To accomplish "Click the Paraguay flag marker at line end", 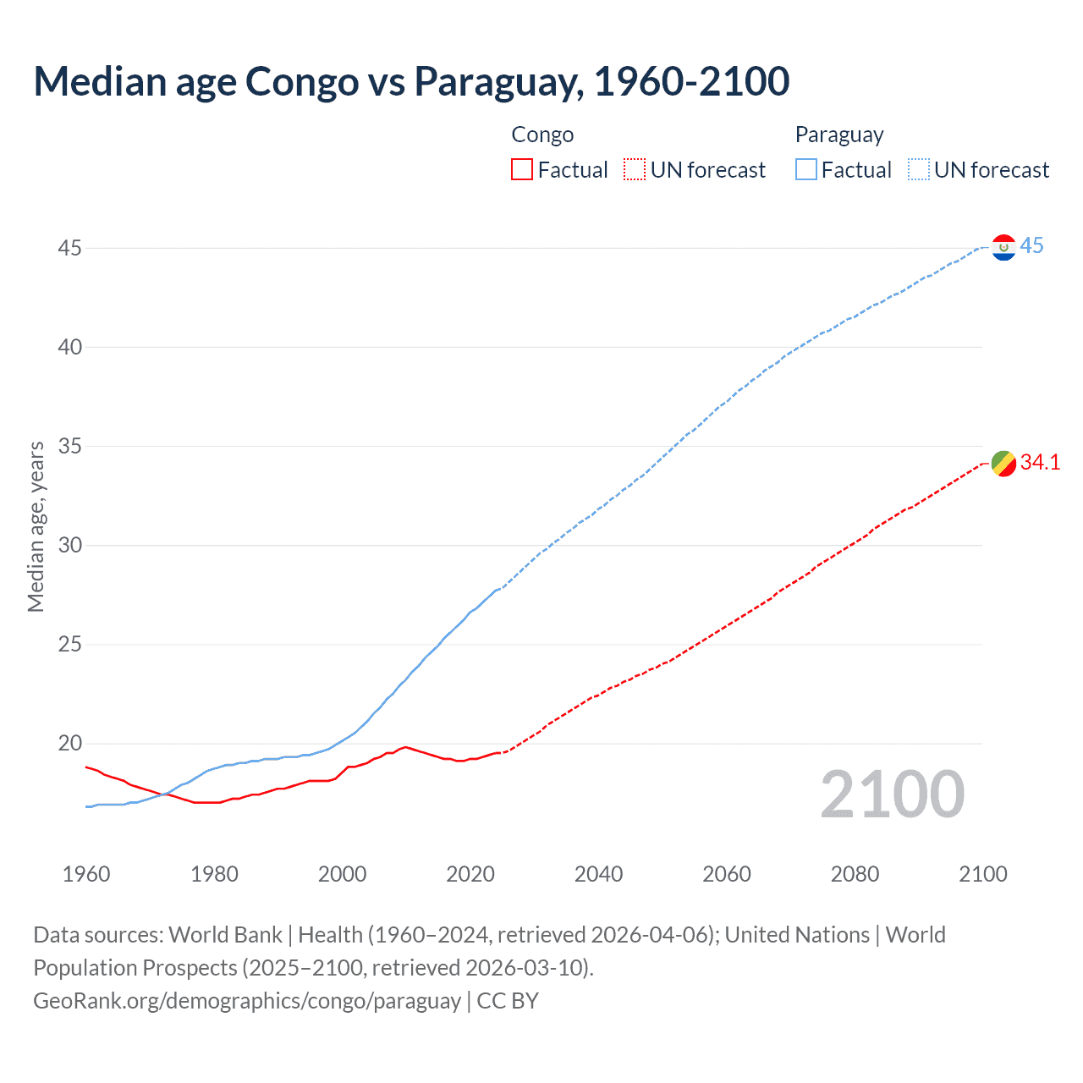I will tap(1003, 247).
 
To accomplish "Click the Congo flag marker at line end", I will tap(1003, 464).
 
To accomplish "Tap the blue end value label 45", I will tap(1031, 246).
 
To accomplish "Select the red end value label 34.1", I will tap(1040, 462).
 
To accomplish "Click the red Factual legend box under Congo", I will tap(522, 170).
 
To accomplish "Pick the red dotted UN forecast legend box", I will tap(635, 170).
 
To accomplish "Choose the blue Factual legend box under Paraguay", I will tap(805, 170).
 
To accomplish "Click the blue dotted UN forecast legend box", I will tap(918, 170).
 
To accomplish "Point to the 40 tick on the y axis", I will tap(70, 347).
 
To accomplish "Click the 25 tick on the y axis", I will tap(70, 645).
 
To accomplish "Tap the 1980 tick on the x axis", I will tap(214, 874).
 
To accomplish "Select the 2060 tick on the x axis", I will tap(727, 874).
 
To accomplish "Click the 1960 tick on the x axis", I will tap(86, 874).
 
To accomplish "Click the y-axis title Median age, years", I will tap(36, 526).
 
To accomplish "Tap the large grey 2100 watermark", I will tap(892, 794).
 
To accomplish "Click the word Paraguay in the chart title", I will tap(498, 81).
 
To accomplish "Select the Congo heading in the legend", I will tap(542, 135).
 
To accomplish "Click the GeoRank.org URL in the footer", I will tap(246, 1001).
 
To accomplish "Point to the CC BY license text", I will tap(508, 1001).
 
